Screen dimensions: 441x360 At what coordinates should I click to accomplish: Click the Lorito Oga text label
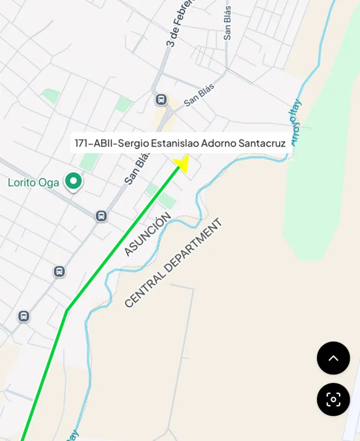tap(33, 183)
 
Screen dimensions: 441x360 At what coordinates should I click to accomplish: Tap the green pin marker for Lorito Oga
tap(73, 181)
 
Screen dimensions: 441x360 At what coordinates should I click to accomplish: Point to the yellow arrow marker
tap(182, 163)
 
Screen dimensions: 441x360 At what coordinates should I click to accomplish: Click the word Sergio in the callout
tap(130, 144)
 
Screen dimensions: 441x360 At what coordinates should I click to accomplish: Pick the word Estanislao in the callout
tap(175, 144)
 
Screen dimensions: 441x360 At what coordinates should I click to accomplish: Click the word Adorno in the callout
tap(219, 144)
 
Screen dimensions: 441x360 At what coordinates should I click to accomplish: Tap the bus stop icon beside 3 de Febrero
tap(161, 100)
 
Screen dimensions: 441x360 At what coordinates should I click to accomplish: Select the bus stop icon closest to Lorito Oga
tap(101, 216)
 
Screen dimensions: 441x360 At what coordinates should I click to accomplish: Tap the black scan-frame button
tap(333, 399)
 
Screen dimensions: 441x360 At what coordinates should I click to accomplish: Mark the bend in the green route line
tap(67, 311)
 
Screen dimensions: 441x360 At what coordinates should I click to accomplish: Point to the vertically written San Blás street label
tap(227, 23)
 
